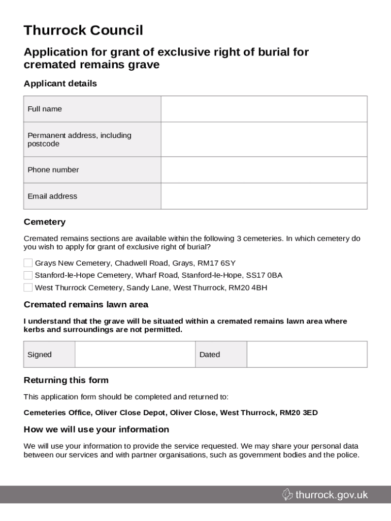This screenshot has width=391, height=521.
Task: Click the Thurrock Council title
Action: (83, 31)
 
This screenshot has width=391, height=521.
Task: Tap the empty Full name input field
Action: (264, 109)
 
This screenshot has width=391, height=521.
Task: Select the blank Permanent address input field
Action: (264, 139)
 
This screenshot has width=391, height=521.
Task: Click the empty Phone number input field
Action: (264, 170)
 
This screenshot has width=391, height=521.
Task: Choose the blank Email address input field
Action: (264, 196)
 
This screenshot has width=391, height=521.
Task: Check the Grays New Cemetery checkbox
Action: (28, 263)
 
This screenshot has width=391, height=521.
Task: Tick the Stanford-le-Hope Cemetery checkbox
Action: (28, 275)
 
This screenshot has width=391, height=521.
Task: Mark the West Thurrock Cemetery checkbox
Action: (28, 287)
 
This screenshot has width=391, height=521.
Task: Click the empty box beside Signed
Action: (135, 354)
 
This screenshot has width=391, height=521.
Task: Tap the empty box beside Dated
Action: (307, 354)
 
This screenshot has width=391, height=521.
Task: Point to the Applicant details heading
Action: (60, 83)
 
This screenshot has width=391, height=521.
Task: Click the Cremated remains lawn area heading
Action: (86, 305)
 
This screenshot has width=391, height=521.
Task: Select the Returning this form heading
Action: (66, 381)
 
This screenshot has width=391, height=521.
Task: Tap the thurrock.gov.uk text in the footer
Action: (332, 495)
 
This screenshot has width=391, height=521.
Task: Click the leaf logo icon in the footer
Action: (287, 495)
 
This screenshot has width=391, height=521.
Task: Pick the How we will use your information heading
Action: (96, 429)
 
